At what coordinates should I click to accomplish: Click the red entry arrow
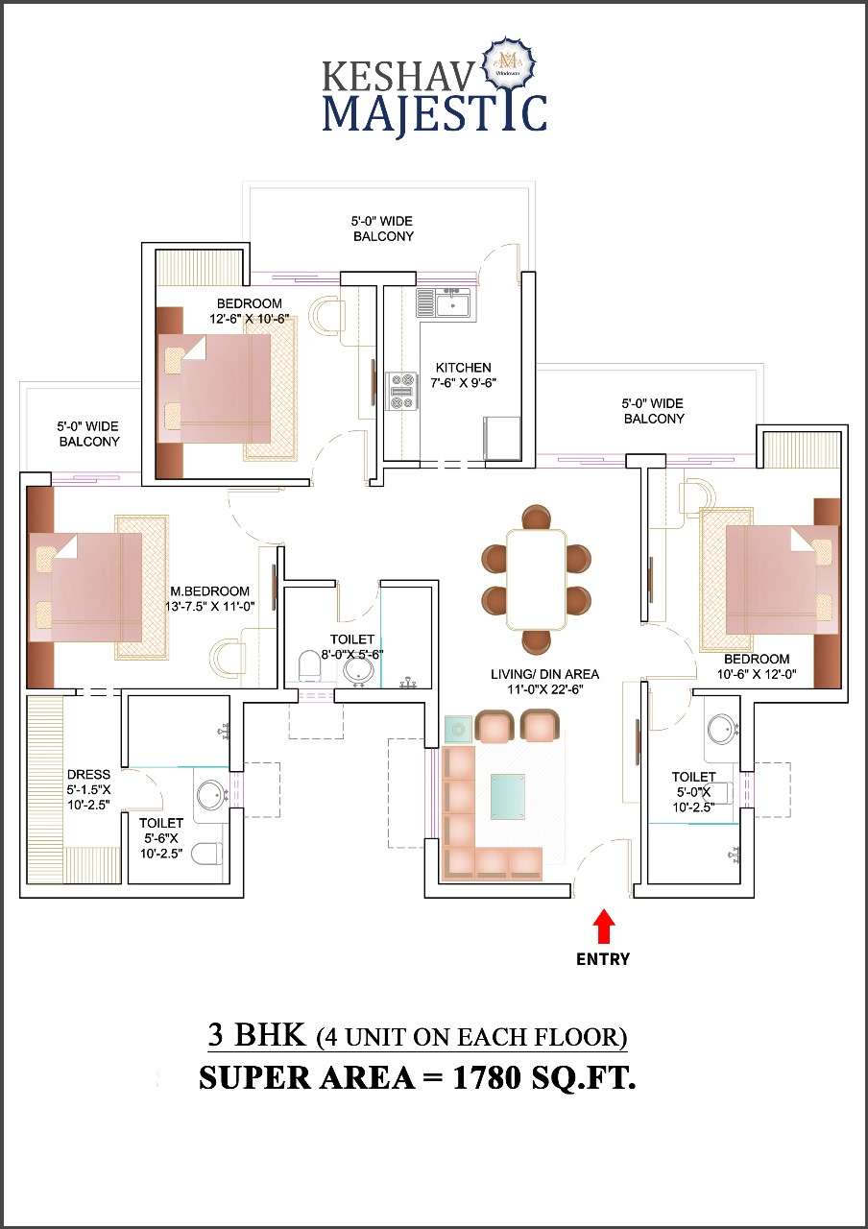(x=603, y=928)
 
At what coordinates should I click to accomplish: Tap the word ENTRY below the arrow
(x=603, y=958)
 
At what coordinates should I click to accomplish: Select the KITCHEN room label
(x=463, y=368)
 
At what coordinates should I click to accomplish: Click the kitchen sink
(x=450, y=304)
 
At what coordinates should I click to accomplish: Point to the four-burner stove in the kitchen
(x=401, y=391)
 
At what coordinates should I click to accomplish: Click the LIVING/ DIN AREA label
(x=537, y=675)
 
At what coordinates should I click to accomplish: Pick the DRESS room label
(x=88, y=775)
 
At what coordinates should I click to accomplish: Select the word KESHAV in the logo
(x=397, y=74)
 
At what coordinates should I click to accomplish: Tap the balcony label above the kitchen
(x=383, y=229)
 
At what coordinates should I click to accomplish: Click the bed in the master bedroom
(x=86, y=586)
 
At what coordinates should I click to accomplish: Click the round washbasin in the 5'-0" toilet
(x=722, y=729)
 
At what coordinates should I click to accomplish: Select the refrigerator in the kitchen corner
(x=502, y=437)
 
